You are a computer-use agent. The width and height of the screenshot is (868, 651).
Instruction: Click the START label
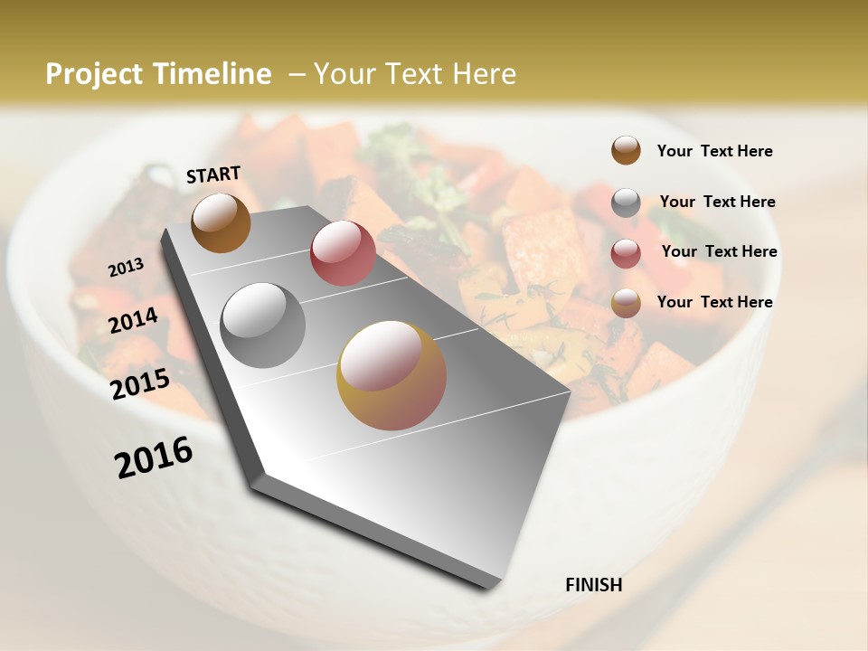click(213, 175)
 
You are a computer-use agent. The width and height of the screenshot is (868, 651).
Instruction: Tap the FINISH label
click(593, 585)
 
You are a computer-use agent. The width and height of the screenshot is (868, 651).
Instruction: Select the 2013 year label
click(127, 268)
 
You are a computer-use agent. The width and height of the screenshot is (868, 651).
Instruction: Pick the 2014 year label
click(134, 321)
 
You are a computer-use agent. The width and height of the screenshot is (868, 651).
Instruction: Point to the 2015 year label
click(140, 384)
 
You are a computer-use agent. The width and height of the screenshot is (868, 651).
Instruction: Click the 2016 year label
click(154, 458)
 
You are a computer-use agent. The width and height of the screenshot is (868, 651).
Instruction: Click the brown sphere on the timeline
click(221, 222)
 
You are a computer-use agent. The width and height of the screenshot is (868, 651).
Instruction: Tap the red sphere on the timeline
click(343, 252)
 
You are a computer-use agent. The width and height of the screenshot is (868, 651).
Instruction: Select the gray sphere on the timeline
click(263, 325)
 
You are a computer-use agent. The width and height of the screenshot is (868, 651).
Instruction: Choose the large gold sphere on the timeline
click(392, 375)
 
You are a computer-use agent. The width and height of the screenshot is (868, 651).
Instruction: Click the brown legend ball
click(626, 150)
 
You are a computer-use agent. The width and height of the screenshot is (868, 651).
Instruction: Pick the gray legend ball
click(626, 203)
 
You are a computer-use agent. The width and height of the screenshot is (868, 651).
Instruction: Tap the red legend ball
click(626, 253)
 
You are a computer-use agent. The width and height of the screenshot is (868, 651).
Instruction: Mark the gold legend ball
click(626, 304)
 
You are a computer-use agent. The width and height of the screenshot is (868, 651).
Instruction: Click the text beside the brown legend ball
click(714, 151)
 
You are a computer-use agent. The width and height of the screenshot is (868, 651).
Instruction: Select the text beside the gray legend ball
click(717, 202)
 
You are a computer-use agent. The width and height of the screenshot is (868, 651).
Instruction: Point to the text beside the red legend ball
click(719, 251)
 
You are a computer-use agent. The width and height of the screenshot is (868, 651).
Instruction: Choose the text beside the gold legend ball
click(714, 302)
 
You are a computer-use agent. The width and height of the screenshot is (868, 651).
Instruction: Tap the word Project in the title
click(94, 74)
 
